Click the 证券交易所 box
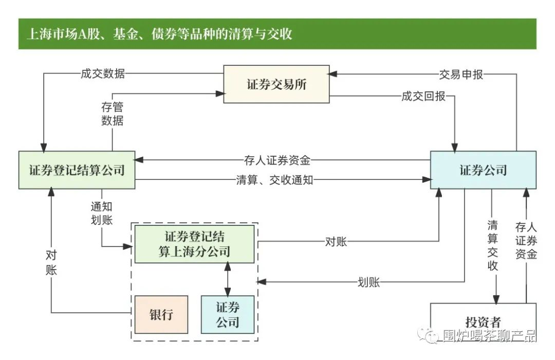click(276, 84)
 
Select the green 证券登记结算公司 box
click(77, 170)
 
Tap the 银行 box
click(161, 315)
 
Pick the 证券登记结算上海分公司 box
click(194, 244)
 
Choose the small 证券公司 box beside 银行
click(227, 315)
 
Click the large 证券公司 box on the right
click(483, 170)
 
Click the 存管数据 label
click(112, 115)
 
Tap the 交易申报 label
click(461, 74)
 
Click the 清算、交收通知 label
click(274, 180)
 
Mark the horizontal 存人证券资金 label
click(277, 160)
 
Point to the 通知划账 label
click(101, 212)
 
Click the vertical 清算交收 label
click(493, 245)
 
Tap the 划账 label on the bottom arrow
click(368, 282)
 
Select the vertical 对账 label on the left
click(51, 263)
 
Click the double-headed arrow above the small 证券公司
click(228, 279)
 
